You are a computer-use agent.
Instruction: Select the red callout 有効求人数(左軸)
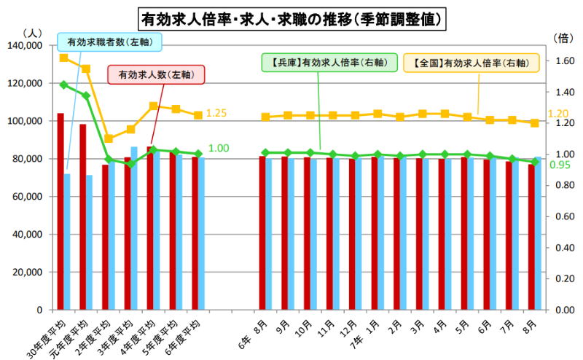pyautogui.click(x=156, y=74)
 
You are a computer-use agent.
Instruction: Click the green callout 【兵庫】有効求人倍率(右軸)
pyautogui.click(x=324, y=63)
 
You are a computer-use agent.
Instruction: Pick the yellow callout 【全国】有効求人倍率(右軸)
pyautogui.click(x=466, y=63)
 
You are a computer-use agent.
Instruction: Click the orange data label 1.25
pyautogui.click(x=216, y=114)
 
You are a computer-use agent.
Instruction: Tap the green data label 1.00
pyautogui.click(x=219, y=148)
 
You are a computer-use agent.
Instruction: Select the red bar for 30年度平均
pyautogui.click(x=60, y=211)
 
